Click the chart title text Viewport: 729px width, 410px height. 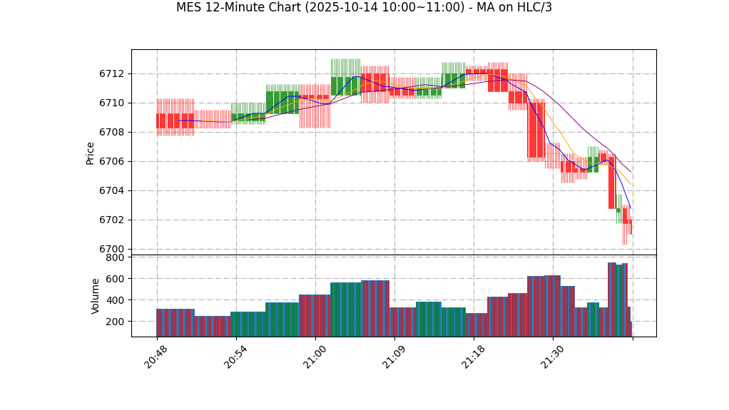tap(364, 8)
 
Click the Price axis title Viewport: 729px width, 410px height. tap(91, 153)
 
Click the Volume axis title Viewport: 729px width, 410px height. tap(96, 296)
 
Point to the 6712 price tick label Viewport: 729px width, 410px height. tap(112, 73)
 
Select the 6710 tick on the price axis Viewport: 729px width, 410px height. tap(112, 103)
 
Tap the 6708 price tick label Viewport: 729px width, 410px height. tap(112, 132)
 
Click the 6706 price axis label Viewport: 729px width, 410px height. tap(112, 161)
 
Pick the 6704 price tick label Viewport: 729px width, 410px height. tap(112, 190)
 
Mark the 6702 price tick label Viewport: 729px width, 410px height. tap(112, 220)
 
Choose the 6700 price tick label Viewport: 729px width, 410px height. tap(112, 249)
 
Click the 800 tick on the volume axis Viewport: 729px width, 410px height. tap(115, 257)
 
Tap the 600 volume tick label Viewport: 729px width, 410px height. tap(115, 279)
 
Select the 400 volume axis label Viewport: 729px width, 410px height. tap(115, 300)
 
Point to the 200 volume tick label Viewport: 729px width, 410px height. tap(115, 322)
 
